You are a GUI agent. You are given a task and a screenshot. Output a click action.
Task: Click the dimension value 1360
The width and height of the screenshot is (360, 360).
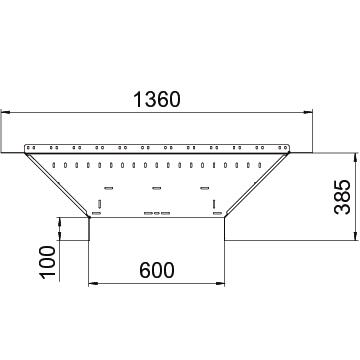(157, 100)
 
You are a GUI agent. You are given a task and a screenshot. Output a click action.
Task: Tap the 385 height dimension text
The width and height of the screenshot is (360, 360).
(343, 197)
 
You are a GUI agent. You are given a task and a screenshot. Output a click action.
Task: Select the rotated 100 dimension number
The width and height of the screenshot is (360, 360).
(47, 263)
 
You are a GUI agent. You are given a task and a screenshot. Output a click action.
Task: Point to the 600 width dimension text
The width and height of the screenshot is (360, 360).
(157, 270)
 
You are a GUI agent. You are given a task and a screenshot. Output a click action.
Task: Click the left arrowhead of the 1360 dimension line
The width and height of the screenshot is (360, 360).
(6, 113)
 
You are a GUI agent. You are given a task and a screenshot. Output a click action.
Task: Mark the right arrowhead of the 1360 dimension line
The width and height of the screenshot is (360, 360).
(308, 113)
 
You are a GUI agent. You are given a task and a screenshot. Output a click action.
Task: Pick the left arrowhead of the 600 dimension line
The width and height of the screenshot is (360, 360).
(93, 284)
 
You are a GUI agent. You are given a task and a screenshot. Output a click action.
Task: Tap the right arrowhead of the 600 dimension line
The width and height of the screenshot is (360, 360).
(220, 284)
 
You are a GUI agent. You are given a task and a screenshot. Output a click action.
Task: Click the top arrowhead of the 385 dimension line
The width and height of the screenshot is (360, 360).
(356, 158)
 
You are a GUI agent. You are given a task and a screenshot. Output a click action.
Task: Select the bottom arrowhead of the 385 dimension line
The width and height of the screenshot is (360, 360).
(356, 235)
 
